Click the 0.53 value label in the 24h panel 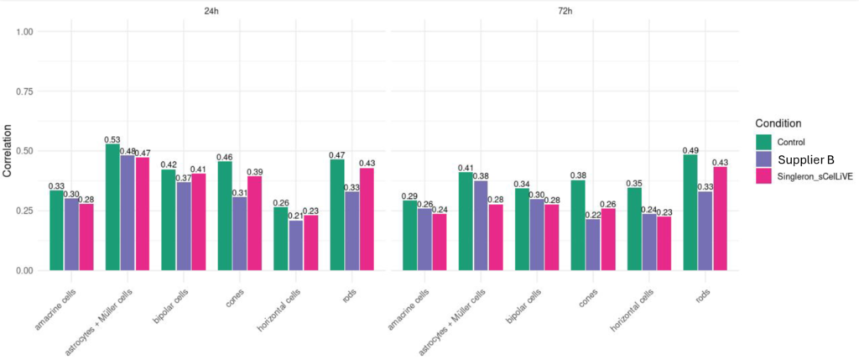pos(112,139)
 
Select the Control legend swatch pos(763,141)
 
